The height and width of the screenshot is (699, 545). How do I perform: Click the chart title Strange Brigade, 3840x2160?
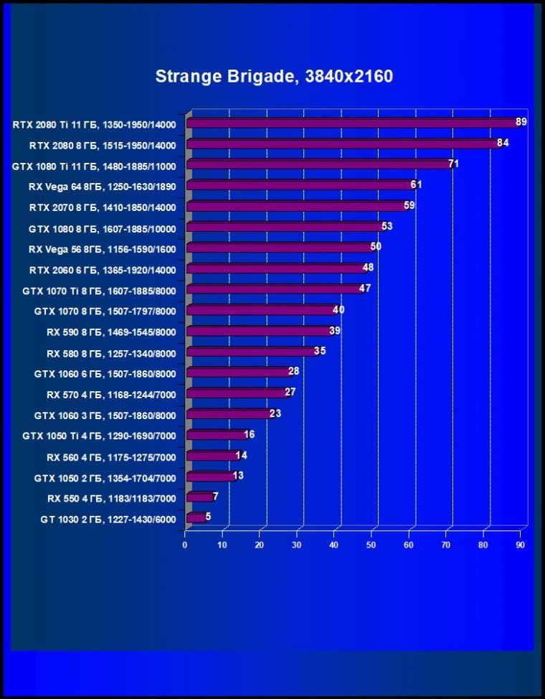[274, 76]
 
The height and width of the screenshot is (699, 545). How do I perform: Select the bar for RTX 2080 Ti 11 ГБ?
[351, 123]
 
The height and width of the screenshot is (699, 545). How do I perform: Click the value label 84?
[503, 143]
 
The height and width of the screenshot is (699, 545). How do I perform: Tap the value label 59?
[409, 205]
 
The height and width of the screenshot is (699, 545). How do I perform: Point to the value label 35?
[320, 351]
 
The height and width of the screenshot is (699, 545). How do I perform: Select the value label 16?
[249, 434]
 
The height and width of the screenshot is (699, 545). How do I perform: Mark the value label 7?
[215, 497]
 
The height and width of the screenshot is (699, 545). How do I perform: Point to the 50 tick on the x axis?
[371, 545]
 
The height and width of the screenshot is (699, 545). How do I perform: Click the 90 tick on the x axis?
[521, 545]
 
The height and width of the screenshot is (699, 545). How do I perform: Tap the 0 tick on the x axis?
[185, 545]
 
